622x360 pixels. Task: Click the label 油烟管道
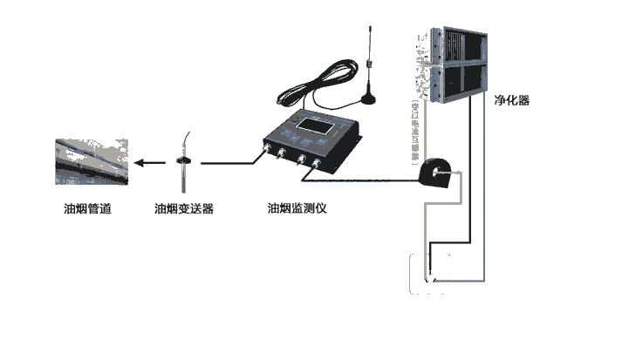pyautogui.click(x=87, y=208)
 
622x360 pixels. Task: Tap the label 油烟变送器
pyautogui.click(x=184, y=208)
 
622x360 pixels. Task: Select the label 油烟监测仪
pyautogui.click(x=297, y=208)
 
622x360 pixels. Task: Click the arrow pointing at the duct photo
pyautogui.click(x=148, y=162)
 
